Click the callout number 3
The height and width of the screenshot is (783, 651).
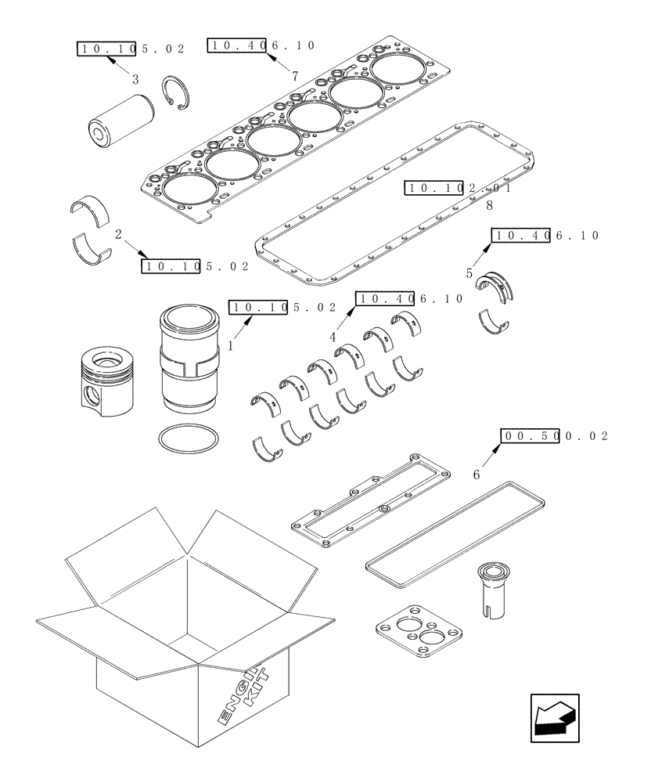tap(135, 79)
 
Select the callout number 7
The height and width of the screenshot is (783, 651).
tap(294, 76)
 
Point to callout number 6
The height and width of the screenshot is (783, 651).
tap(477, 474)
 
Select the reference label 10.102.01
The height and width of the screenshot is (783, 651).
tap(458, 188)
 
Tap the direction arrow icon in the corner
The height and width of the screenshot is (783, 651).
tap(554, 716)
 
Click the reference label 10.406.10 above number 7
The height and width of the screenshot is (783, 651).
tap(261, 45)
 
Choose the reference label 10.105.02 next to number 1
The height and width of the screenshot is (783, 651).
tap(282, 307)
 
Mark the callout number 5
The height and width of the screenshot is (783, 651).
tap(469, 273)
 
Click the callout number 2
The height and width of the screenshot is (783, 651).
tap(117, 233)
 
